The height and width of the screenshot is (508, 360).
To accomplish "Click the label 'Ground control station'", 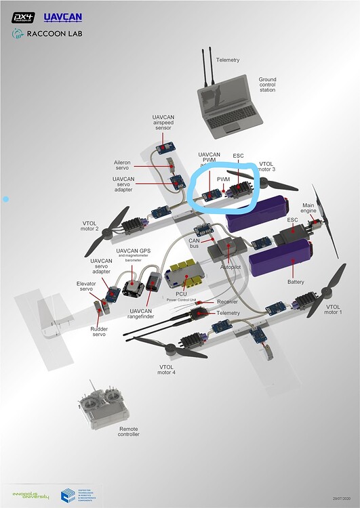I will (267, 84).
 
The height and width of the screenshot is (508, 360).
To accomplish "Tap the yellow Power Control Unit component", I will (188, 273).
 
